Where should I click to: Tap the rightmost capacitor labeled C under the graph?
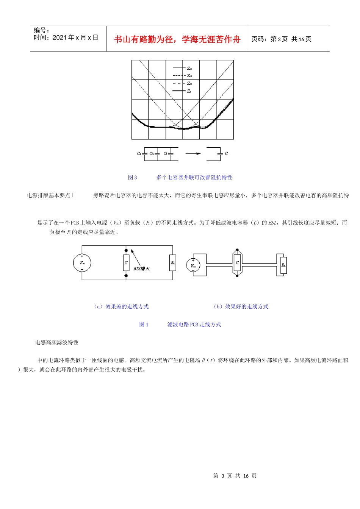(220, 153)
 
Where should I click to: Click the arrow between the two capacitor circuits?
(193, 153)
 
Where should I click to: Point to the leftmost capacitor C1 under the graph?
(144, 153)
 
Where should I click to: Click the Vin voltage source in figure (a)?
(82, 262)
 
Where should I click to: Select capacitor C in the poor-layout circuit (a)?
(126, 262)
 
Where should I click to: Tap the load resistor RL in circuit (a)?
(173, 262)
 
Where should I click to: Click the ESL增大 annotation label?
(141, 269)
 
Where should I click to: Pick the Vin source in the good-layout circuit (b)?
(193, 265)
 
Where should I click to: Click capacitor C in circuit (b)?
(237, 262)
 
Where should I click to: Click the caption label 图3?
(133, 177)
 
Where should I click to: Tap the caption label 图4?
(144, 324)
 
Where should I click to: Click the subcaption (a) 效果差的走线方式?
(121, 306)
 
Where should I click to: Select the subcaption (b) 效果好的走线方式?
(241, 306)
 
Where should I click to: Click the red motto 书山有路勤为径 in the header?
(177, 39)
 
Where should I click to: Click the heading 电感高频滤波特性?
(57, 342)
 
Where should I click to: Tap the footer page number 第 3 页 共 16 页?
(235, 476)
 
